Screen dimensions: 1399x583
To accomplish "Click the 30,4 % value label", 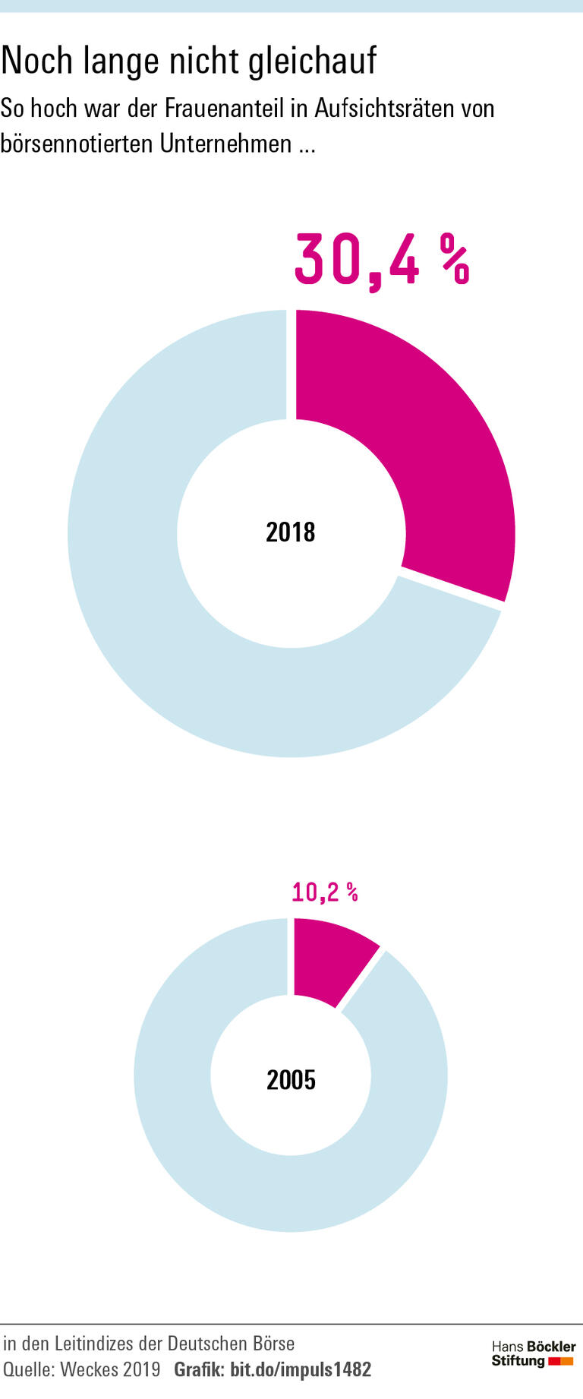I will coord(381,261).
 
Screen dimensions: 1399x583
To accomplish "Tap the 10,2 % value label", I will coord(324,892).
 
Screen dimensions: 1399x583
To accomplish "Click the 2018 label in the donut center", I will coord(291,532).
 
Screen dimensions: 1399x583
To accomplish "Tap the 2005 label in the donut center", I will coord(291,1079).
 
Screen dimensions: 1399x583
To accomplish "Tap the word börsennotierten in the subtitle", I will coord(76,143).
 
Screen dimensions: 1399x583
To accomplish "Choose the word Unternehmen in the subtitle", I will coord(225,143).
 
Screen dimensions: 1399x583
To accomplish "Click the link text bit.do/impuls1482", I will coord(301,1369).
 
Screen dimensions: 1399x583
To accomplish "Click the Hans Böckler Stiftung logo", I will coord(533,1353).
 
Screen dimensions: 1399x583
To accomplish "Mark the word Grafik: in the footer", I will coord(199,1369).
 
